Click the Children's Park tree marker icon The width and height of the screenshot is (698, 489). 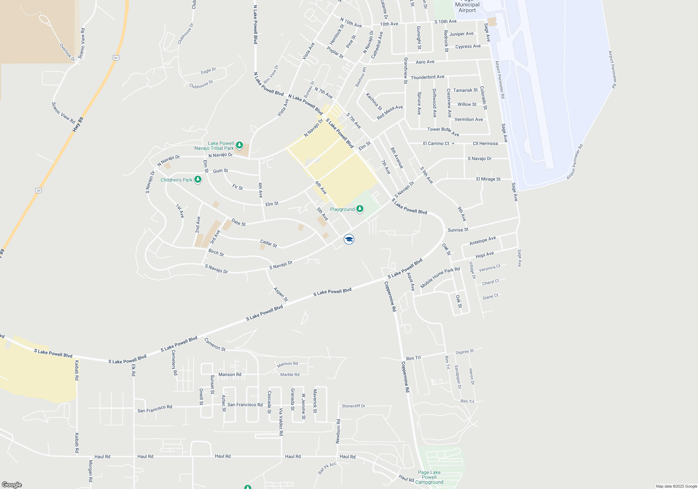point(198,180)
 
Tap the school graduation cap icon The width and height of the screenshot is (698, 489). point(349,239)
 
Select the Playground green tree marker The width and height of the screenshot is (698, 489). point(360,209)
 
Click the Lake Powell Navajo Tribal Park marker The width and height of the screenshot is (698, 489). point(239,145)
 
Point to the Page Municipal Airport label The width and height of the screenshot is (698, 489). point(467,7)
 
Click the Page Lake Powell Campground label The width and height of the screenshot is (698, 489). point(429,477)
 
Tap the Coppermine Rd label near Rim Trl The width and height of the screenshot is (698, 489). point(405,377)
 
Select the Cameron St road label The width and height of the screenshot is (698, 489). point(215,344)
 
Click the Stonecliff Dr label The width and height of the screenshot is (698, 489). point(354,406)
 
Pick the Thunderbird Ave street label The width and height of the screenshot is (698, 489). point(428,77)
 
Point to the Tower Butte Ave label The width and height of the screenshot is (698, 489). point(443,131)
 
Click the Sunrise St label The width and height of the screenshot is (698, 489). point(458,230)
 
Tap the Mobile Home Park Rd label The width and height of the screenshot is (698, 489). point(440,278)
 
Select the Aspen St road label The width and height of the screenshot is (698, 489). point(281,294)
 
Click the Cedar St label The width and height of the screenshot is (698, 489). point(268,243)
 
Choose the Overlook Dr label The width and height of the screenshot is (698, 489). point(67,52)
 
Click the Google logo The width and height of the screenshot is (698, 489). point(12,485)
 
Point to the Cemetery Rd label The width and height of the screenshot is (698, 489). point(174,363)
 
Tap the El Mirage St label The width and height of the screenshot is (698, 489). point(488,179)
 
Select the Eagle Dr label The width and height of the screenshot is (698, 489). point(208,71)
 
